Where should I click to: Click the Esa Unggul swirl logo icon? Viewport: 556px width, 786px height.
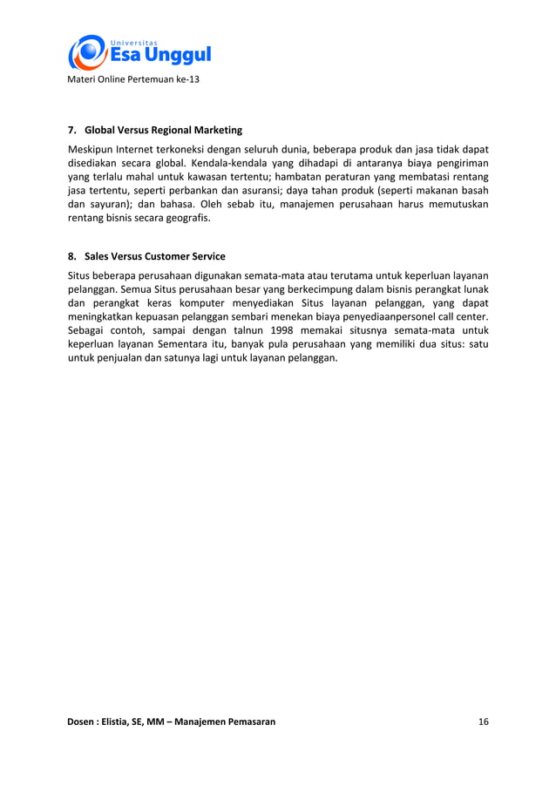[87, 52]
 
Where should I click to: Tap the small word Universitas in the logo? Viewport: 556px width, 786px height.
[133, 41]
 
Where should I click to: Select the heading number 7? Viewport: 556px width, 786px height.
[72, 130]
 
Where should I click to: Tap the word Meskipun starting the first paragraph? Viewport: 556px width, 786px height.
[91, 147]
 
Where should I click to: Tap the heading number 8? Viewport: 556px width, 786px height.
[72, 256]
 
